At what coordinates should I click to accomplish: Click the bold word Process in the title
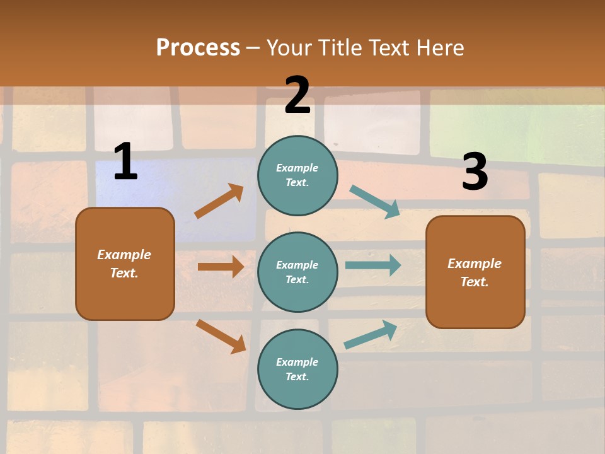[198, 47]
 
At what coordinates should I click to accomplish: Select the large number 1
[125, 162]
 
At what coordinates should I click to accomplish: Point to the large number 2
[297, 95]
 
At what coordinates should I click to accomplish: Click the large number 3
[475, 172]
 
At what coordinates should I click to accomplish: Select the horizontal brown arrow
[221, 267]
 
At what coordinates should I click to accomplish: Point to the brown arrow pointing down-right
[221, 335]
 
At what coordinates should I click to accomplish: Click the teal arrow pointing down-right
[375, 202]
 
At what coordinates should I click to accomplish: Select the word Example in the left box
[124, 255]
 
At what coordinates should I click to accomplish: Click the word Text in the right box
[474, 282]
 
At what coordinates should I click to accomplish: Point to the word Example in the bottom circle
[297, 362]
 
